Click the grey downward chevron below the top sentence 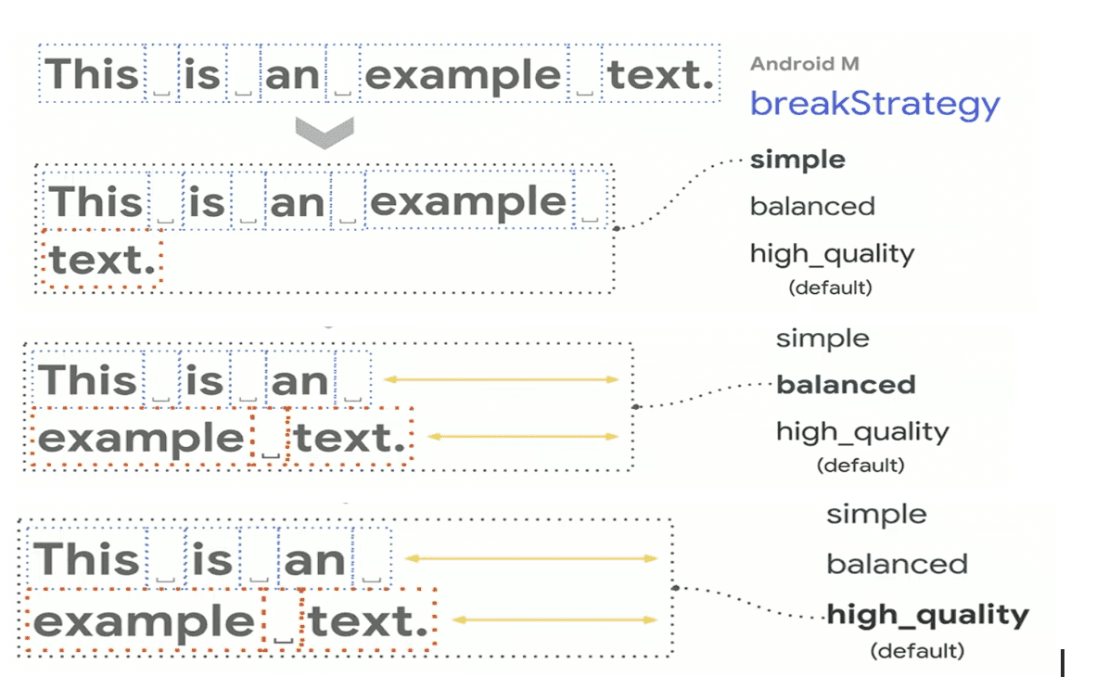point(325,133)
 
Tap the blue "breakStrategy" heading point(875,104)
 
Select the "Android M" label point(805,64)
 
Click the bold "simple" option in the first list point(797,160)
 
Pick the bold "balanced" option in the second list point(846,385)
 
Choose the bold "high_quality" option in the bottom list point(927,616)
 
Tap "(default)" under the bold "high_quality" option point(917,651)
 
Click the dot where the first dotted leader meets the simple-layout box point(616,228)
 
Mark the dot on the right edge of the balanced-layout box point(634,406)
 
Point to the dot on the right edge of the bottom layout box point(674,587)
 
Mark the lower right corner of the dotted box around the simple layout point(614,291)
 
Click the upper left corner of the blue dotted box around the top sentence point(39,45)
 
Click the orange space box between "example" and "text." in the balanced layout point(270,437)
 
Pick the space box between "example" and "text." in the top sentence point(585,73)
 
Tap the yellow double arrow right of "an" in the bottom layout point(531,559)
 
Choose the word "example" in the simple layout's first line point(467,203)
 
